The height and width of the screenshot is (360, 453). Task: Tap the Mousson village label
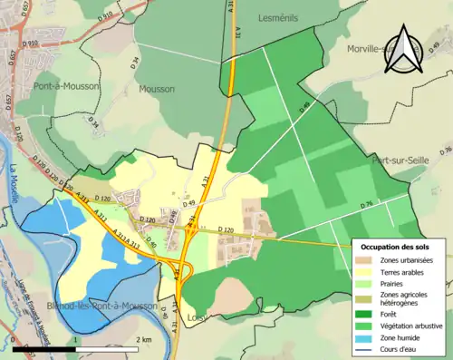coord(157,90)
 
